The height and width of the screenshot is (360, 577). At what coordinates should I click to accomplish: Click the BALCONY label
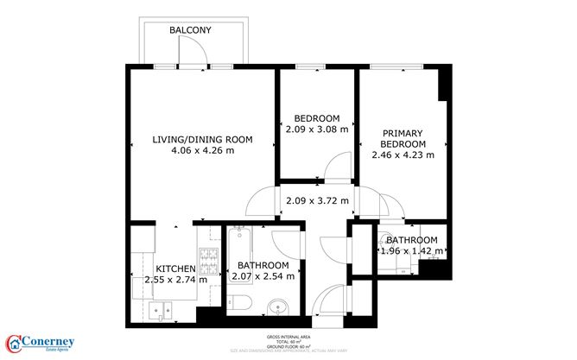pos(190,30)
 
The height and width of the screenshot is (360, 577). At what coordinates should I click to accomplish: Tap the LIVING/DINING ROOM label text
pos(202,139)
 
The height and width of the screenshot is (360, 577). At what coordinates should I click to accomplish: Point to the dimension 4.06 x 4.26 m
pos(202,150)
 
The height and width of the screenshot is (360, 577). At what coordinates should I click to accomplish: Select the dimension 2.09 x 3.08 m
pos(317,129)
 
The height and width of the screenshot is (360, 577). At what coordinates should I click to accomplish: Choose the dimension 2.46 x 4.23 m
pos(403,155)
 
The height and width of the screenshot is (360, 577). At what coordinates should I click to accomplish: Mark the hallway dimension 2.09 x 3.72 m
pos(317,201)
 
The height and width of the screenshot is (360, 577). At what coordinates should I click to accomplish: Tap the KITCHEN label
pos(176,268)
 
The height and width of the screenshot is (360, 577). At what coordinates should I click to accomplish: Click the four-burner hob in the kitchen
pos(207,256)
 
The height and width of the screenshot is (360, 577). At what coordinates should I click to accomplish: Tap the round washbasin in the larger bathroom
pos(278,306)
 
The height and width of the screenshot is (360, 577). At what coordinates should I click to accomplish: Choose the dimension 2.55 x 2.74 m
pos(176,280)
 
